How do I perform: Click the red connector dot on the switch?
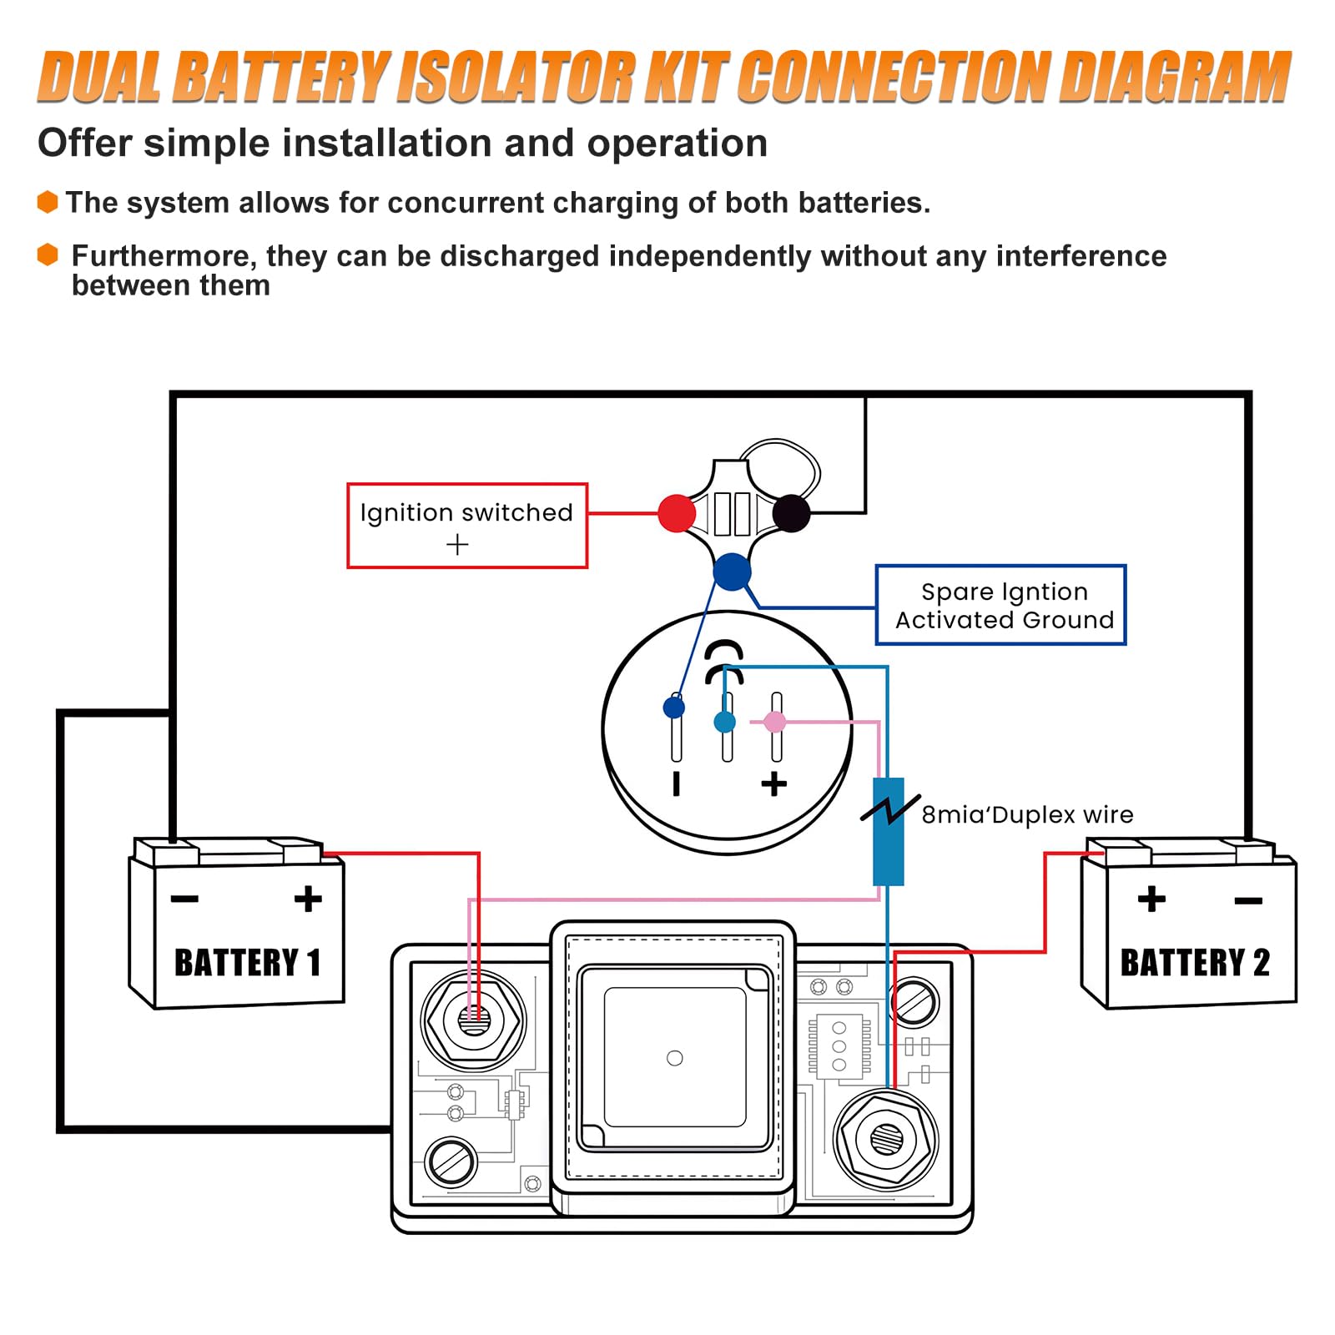point(676,513)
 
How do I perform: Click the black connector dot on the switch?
point(791,513)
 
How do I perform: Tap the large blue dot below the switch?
point(732,572)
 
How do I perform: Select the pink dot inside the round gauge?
point(775,722)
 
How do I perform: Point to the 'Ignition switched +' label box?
point(467,526)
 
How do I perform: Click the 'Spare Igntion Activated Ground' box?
point(1000,605)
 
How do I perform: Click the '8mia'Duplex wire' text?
point(1027,814)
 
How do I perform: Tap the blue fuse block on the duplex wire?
point(888,831)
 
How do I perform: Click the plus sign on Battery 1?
point(308,899)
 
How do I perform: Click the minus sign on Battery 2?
point(1248,900)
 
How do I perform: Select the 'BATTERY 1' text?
point(247,963)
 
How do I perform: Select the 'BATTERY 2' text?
point(1195,963)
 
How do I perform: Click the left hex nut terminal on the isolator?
point(473,1020)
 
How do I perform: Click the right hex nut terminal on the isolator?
point(885,1138)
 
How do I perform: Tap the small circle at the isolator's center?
point(675,1058)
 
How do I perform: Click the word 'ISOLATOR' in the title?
point(516,77)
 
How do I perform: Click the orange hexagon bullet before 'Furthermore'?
point(48,254)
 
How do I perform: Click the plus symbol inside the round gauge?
point(774,783)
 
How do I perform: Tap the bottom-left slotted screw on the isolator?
point(451,1161)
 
